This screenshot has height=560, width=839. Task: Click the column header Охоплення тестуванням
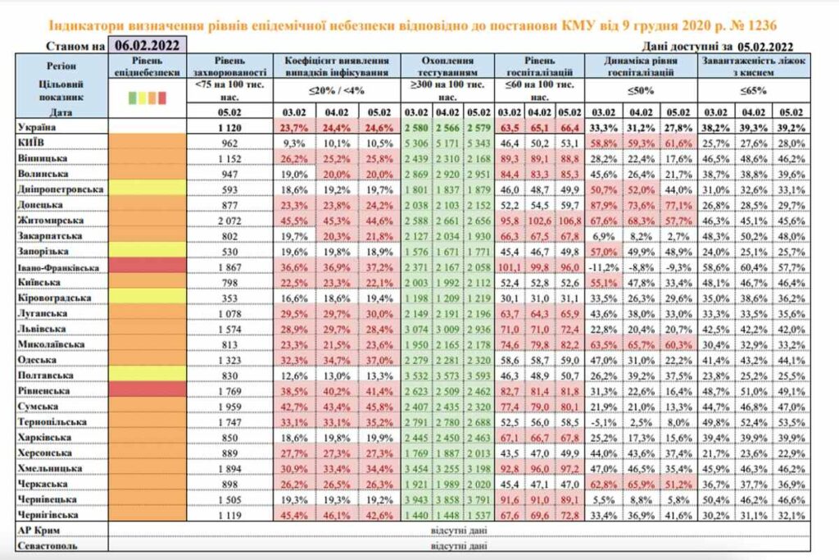tap(448, 66)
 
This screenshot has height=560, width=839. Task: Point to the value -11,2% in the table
tap(604, 266)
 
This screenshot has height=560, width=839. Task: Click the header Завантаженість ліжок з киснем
tap(744, 66)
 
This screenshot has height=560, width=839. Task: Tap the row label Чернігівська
tap(50, 515)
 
